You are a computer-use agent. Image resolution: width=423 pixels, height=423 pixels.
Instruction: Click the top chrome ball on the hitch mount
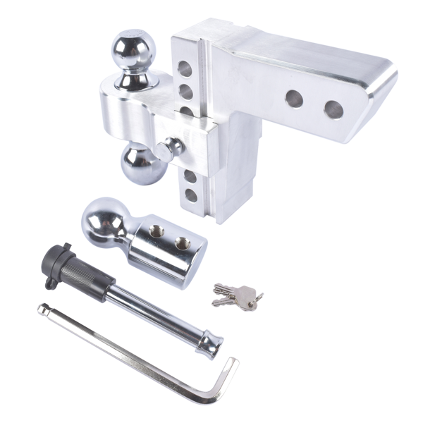(x=133, y=49)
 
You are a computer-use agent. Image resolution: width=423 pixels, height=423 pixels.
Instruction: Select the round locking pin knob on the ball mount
(x=171, y=148)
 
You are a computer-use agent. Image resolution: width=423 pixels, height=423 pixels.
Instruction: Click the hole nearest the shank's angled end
(x=333, y=109)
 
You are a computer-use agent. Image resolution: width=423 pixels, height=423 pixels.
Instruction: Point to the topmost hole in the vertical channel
(x=185, y=69)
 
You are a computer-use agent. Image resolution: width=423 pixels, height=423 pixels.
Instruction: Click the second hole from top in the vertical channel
(x=186, y=92)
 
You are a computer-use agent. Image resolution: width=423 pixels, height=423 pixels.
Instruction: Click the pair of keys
(x=237, y=296)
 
